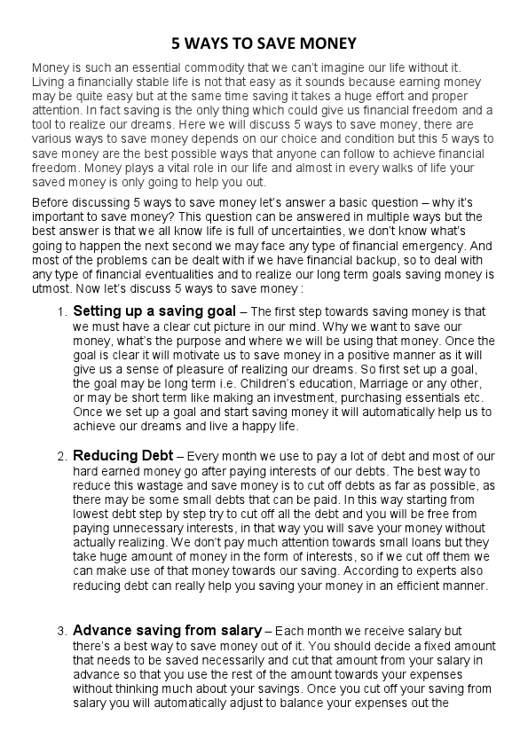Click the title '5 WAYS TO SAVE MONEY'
click(264, 43)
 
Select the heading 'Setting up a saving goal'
click(154, 311)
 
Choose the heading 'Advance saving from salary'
click(167, 631)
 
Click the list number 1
click(61, 312)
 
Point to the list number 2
click(61, 457)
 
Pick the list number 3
click(61, 632)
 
